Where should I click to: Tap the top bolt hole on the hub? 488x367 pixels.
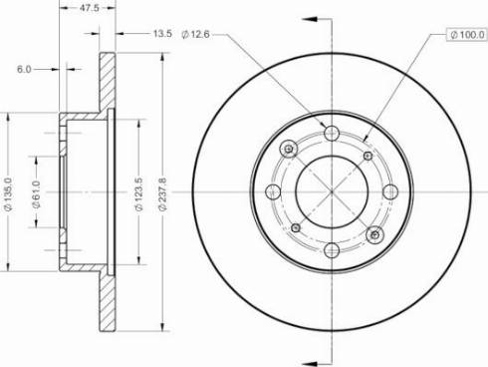(x=332, y=133)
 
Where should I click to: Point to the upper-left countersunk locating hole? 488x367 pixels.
(x=289, y=150)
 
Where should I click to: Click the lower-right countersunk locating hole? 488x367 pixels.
(x=374, y=233)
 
